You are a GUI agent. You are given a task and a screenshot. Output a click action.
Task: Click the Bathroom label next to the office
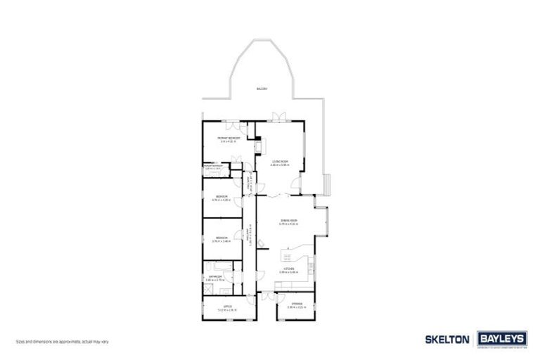point(214,277)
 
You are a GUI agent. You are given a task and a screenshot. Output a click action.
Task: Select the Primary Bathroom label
point(212,167)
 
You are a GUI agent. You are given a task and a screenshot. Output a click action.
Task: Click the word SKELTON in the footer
point(447,338)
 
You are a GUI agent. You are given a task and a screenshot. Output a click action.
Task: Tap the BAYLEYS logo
point(501,338)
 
